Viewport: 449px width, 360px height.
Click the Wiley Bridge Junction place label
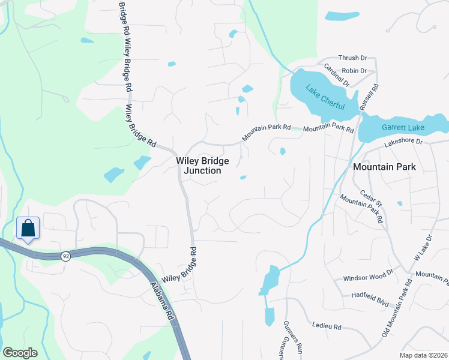click(x=198, y=166)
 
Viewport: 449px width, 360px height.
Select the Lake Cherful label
click(x=325, y=97)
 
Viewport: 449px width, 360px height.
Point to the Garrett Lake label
click(x=403, y=128)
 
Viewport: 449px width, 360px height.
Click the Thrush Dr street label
click(x=352, y=58)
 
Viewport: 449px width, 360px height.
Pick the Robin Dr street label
click(x=354, y=71)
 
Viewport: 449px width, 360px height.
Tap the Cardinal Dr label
click(x=336, y=76)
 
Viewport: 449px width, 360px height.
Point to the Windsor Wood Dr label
click(x=367, y=279)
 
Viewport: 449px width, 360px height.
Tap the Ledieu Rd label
click(x=327, y=327)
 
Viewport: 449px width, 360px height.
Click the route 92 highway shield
click(x=65, y=256)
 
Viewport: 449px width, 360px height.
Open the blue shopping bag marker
click(x=28, y=229)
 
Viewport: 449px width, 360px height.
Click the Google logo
click(x=20, y=353)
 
